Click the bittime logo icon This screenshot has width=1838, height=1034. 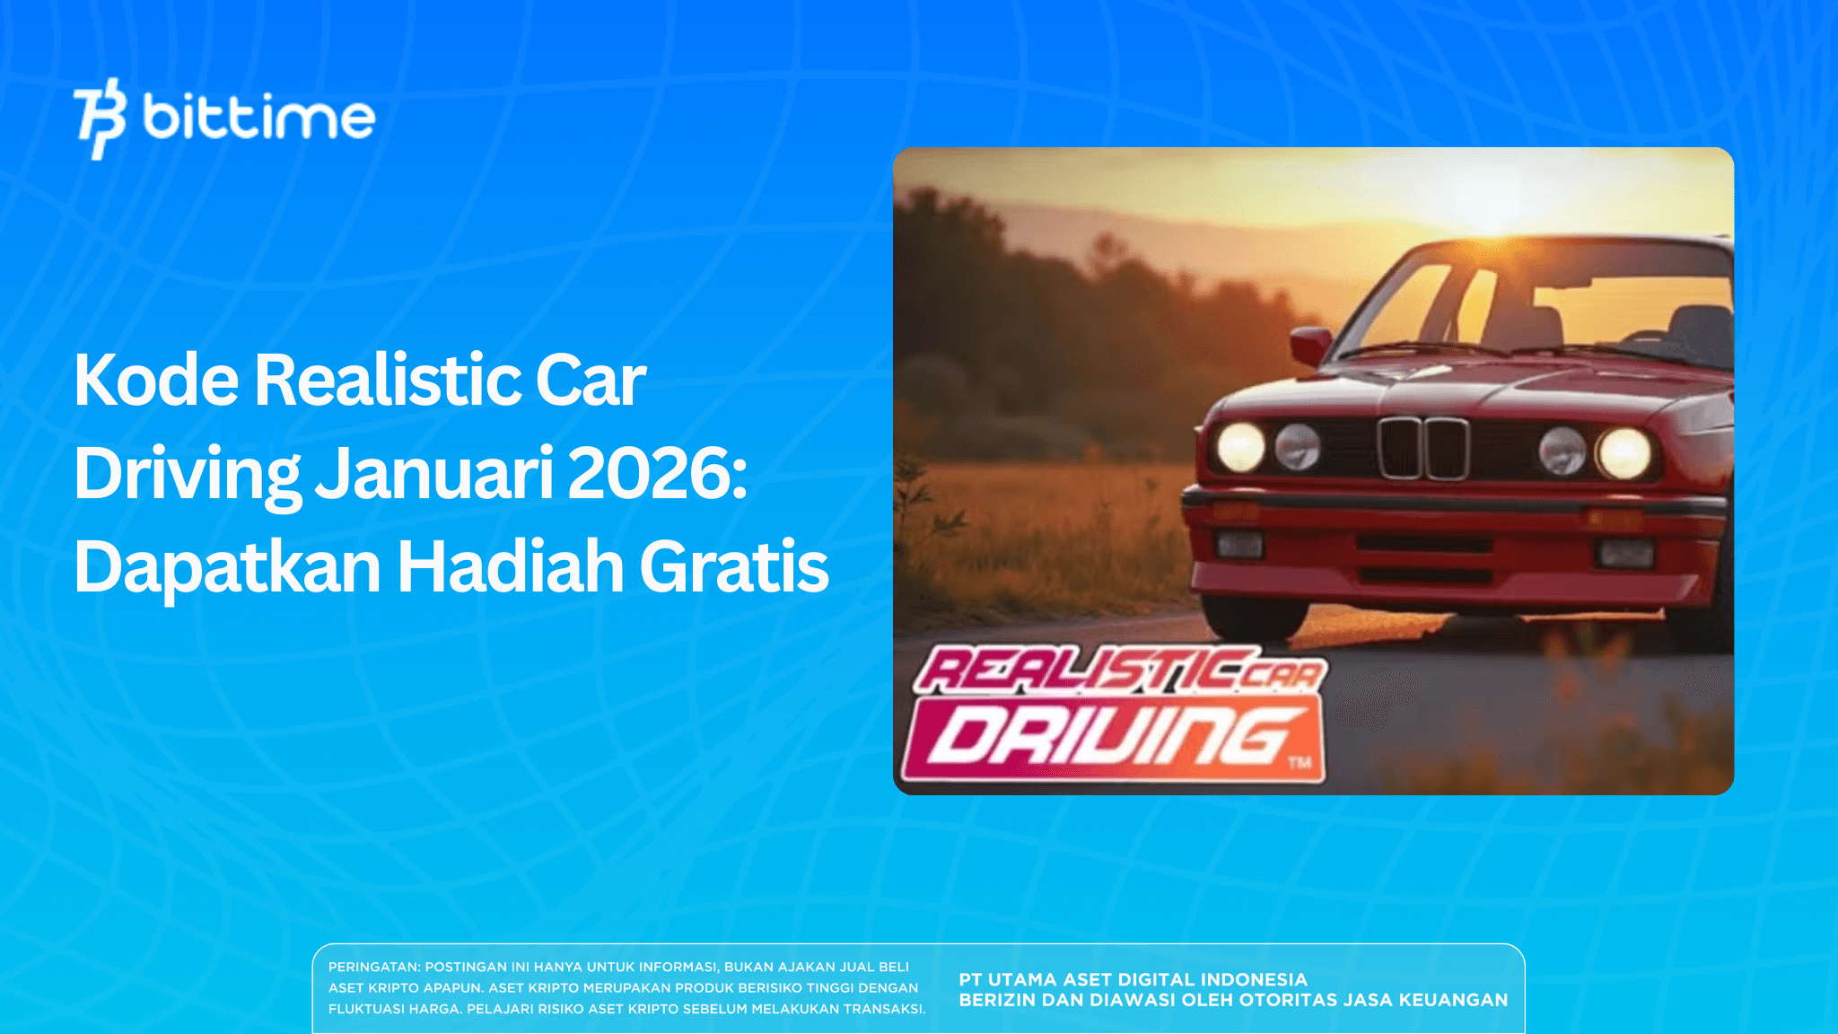99,118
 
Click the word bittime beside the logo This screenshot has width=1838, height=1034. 258,118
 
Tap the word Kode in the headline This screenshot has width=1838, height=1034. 156,381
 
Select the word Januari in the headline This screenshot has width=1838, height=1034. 434,474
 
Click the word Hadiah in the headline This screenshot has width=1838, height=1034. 510,567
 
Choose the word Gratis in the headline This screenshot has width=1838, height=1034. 733,567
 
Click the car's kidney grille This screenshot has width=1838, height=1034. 1423,449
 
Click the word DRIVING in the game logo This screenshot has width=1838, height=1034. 1113,738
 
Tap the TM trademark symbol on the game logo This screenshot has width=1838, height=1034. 1300,763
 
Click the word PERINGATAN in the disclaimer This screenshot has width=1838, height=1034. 373,968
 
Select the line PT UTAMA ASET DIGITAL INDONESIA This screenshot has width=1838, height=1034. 1133,980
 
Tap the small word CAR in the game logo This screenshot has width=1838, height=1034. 1282,674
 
